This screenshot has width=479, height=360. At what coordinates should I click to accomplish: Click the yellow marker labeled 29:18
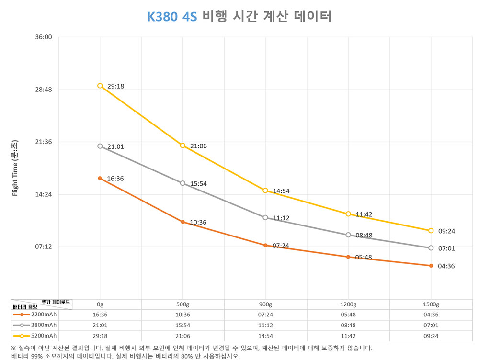[x=100, y=86]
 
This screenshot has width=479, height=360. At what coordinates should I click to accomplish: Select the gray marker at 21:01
[x=100, y=146]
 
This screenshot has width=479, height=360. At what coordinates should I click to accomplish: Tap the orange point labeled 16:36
[x=100, y=178]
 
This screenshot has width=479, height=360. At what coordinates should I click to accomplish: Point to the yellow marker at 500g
[x=182, y=146]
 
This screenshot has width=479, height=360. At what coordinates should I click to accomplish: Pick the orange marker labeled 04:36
[x=431, y=266]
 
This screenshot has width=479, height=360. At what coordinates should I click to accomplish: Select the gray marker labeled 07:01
[x=431, y=248]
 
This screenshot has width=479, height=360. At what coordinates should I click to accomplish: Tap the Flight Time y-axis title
[x=15, y=168]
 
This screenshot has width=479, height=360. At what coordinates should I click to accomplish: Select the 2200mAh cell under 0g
[x=100, y=315]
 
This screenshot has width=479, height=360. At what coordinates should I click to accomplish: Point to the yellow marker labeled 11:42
[x=348, y=214]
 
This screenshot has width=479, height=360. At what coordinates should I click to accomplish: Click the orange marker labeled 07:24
[x=265, y=245]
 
